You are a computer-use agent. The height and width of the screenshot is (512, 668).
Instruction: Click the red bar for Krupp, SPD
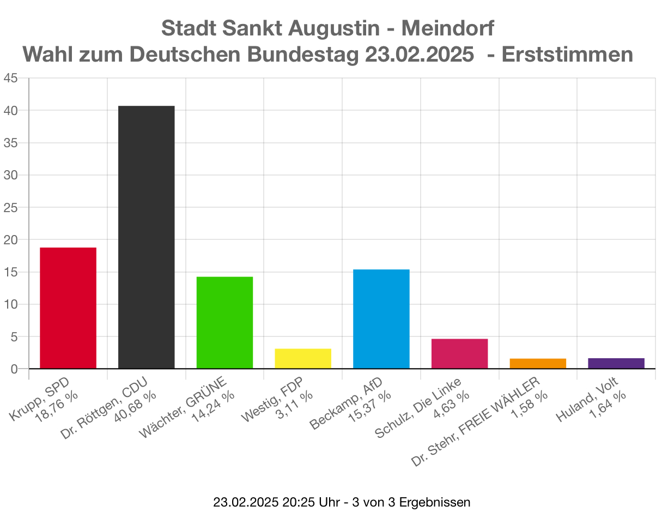[68, 308]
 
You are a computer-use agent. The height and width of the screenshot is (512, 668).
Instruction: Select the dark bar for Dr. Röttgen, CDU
[146, 237]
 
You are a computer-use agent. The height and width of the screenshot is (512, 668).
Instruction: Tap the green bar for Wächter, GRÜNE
[224, 323]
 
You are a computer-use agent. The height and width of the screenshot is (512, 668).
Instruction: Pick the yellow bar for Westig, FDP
[303, 359]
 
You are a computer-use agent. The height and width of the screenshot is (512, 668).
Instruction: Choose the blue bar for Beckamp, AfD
[381, 319]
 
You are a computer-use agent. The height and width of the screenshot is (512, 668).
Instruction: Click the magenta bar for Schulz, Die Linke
[459, 354]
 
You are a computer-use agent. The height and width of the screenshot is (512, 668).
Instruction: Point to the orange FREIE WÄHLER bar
[538, 364]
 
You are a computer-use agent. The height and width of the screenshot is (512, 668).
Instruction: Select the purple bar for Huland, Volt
[616, 364]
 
